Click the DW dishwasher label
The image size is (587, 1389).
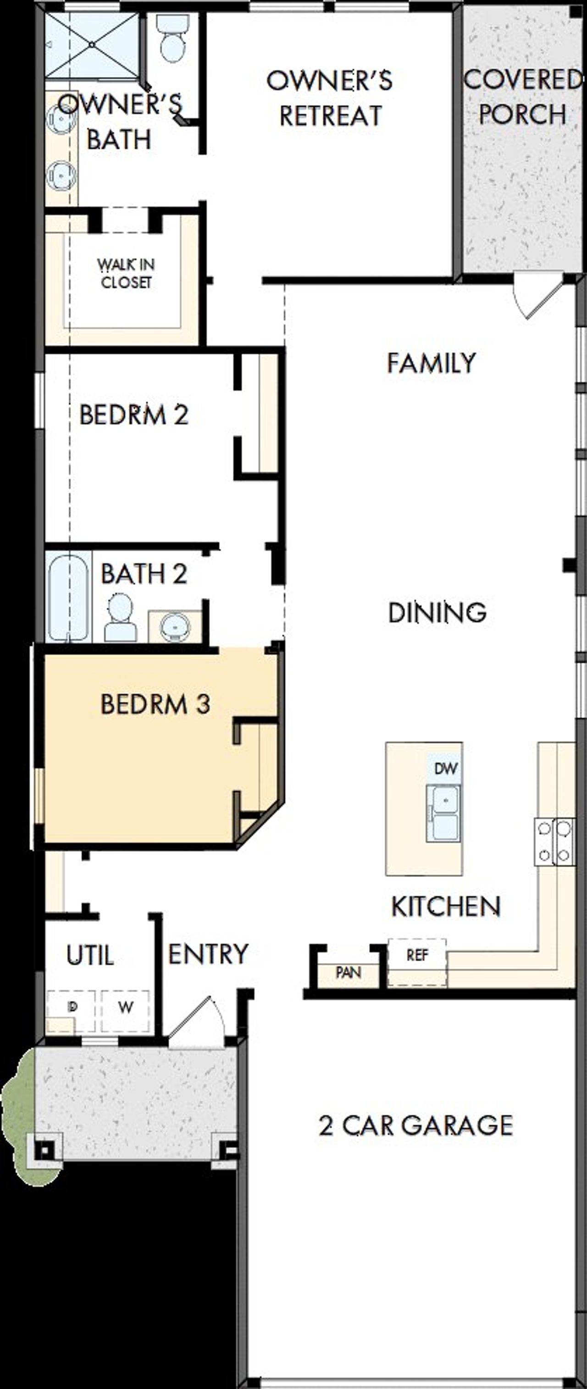click(x=445, y=769)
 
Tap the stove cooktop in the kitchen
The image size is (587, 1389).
click(x=554, y=842)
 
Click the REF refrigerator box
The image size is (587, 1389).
click(x=417, y=956)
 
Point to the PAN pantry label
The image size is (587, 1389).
click(x=348, y=973)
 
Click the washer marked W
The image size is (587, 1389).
click(x=126, y=1007)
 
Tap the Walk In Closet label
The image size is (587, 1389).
click(x=126, y=273)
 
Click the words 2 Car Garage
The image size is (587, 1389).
click(x=415, y=1126)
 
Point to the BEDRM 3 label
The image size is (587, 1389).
click(x=155, y=704)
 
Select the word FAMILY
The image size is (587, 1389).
click(x=431, y=363)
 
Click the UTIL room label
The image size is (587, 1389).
click(x=90, y=957)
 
